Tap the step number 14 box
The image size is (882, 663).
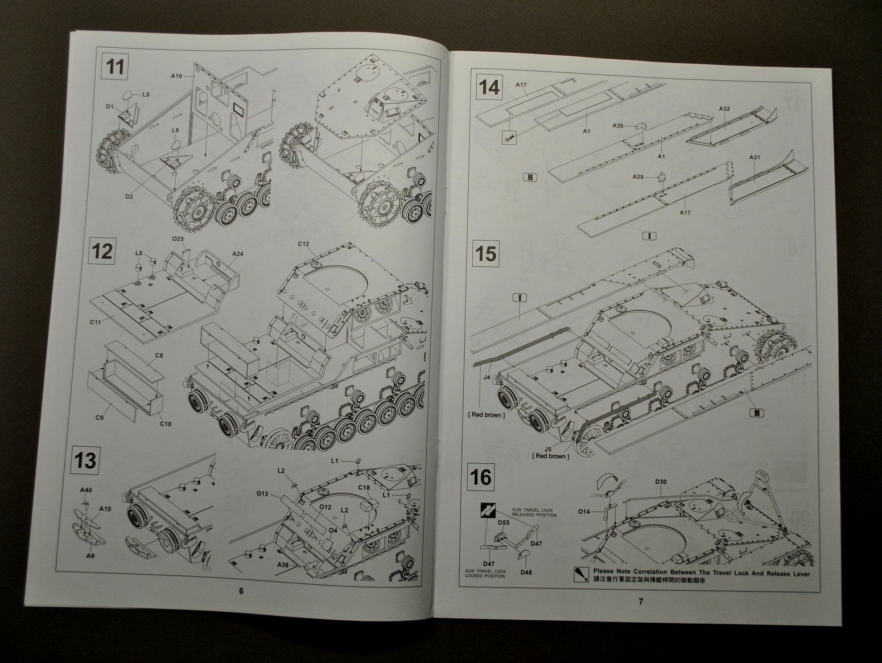(x=489, y=88)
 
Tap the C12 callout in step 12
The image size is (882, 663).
(x=303, y=244)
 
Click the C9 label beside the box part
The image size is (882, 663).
(x=100, y=418)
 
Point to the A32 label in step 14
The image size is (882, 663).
(x=724, y=108)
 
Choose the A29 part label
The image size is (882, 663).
(x=638, y=177)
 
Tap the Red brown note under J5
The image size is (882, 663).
(x=550, y=456)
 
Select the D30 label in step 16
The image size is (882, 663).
(x=661, y=482)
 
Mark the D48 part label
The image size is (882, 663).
(x=526, y=572)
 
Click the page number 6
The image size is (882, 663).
(x=241, y=591)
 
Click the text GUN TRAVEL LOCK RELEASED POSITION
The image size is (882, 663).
(x=534, y=511)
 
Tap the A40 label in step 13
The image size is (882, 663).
(x=86, y=490)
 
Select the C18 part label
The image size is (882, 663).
(x=364, y=487)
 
